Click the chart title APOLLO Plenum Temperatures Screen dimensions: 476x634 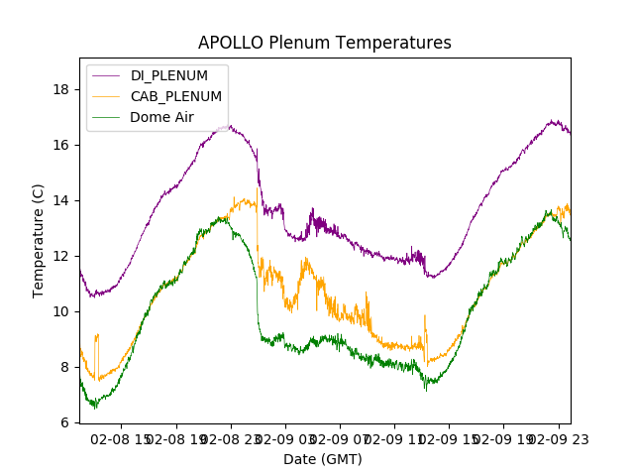tap(324, 43)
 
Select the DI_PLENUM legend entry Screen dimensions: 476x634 tap(169, 75)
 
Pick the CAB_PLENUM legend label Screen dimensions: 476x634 tap(176, 96)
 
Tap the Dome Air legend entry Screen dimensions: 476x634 tap(161, 117)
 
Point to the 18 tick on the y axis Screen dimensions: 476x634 tap(61, 89)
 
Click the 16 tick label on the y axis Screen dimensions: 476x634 tap(61, 145)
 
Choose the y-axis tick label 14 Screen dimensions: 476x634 tap(61, 200)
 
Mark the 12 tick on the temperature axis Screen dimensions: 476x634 tap(61, 256)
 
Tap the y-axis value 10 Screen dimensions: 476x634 tap(61, 311)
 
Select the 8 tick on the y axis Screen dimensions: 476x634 tap(65, 367)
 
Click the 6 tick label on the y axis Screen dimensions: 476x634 tap(65, 422)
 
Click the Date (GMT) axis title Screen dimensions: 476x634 tap(323, 459)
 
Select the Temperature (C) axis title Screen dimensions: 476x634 tap(39, 240)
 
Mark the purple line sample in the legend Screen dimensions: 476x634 tap(105, 75)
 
